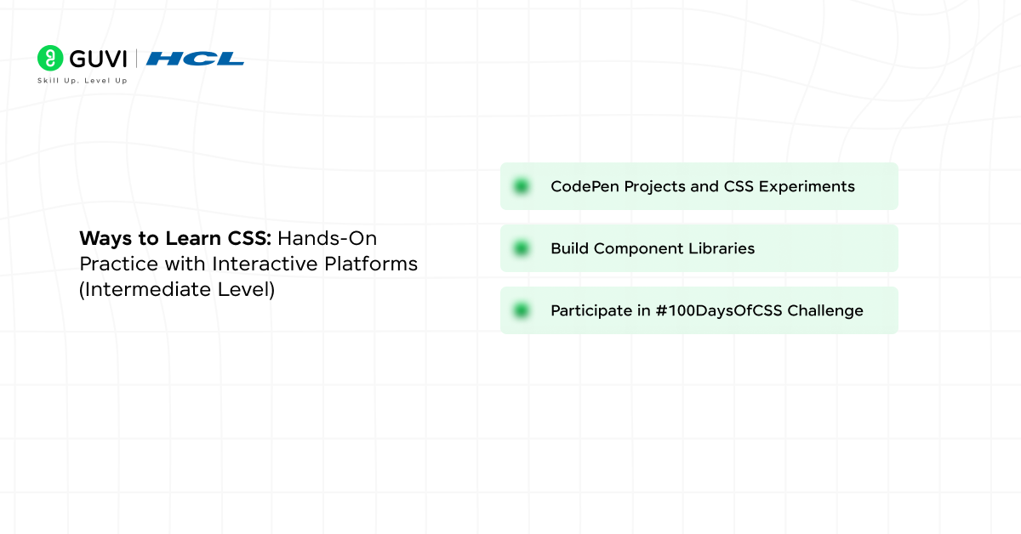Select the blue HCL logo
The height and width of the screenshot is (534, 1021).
click(195, 59)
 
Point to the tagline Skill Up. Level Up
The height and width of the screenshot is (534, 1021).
click(83, 81)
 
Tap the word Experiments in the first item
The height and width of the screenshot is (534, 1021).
click(814, 186)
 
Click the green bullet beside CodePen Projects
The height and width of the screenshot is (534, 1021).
click(521, 186)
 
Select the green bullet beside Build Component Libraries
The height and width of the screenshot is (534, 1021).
click(521, 248)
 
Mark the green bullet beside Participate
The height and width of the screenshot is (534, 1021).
click(521, 310)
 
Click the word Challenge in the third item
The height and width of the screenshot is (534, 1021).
click(825, 310)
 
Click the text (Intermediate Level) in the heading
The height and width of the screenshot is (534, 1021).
click(177, 289)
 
